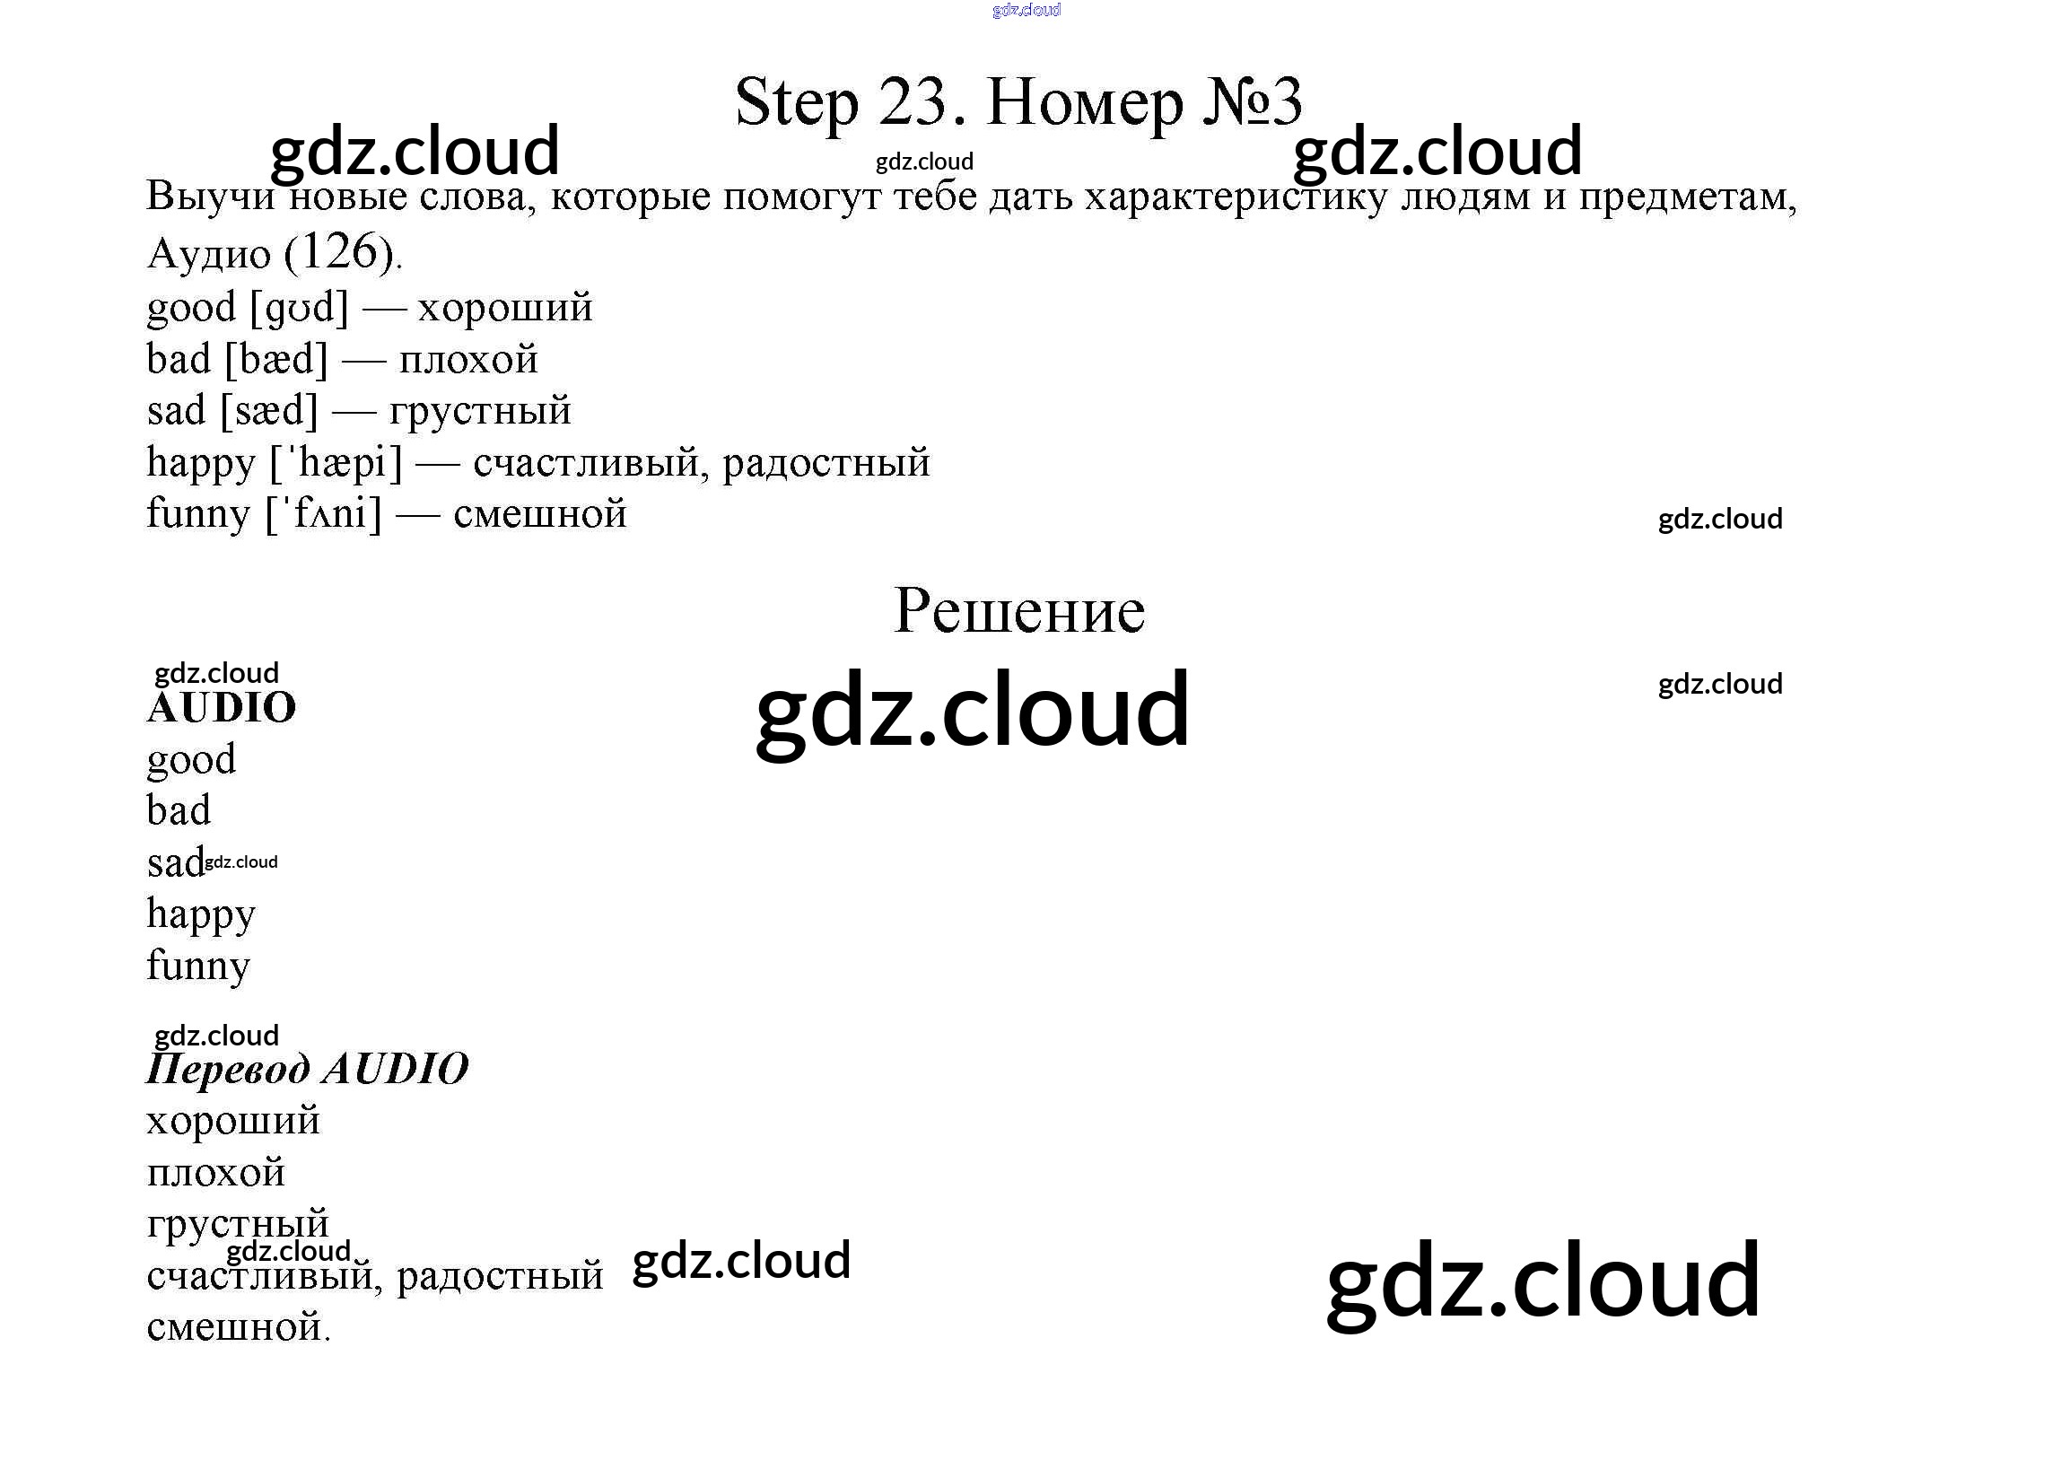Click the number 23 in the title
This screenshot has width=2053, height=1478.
coord(912,101)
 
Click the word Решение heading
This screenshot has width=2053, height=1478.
coord(1019,611)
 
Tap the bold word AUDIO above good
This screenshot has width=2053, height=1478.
coord(222,708)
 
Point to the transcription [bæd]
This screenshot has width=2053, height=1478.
coord(276,359)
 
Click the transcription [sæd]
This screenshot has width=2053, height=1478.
coord(270,411)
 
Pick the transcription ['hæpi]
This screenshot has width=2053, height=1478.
coord(336,462)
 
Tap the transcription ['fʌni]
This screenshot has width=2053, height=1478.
coord(323,514)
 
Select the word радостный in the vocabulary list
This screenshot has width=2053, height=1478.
coord(826,462)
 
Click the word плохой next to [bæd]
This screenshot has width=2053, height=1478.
coord(469,359)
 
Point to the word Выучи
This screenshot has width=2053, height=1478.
coord(211,196)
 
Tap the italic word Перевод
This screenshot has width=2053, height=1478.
coord(228,1069)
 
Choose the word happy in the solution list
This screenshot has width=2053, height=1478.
coord(201,914)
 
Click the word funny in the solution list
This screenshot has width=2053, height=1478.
coord(198,966)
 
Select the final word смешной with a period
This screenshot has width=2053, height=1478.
coord(239,1327)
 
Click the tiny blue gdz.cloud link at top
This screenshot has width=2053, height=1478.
coord(1026,10)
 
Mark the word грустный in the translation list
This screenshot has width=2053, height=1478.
coord(238,1224)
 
